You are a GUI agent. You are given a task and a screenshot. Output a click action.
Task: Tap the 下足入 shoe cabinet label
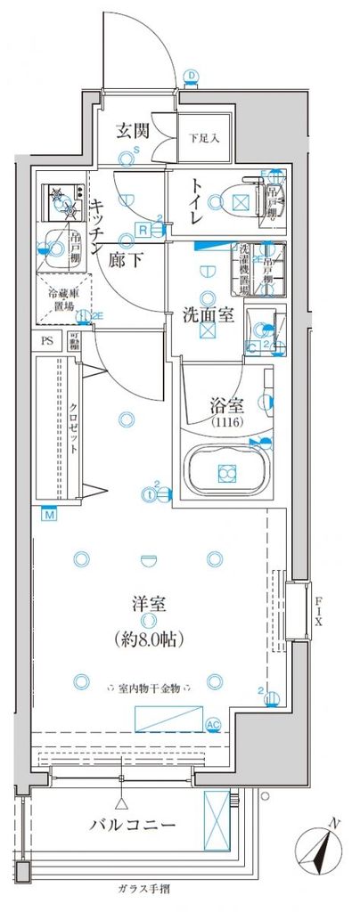[197, 139]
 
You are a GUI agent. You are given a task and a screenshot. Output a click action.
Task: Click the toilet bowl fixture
[237, 199]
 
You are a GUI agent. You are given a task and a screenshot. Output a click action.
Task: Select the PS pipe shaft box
[47, 338]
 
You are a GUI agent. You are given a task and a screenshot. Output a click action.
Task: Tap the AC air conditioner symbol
[213, 724]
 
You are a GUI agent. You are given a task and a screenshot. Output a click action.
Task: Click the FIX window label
[318, 611]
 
